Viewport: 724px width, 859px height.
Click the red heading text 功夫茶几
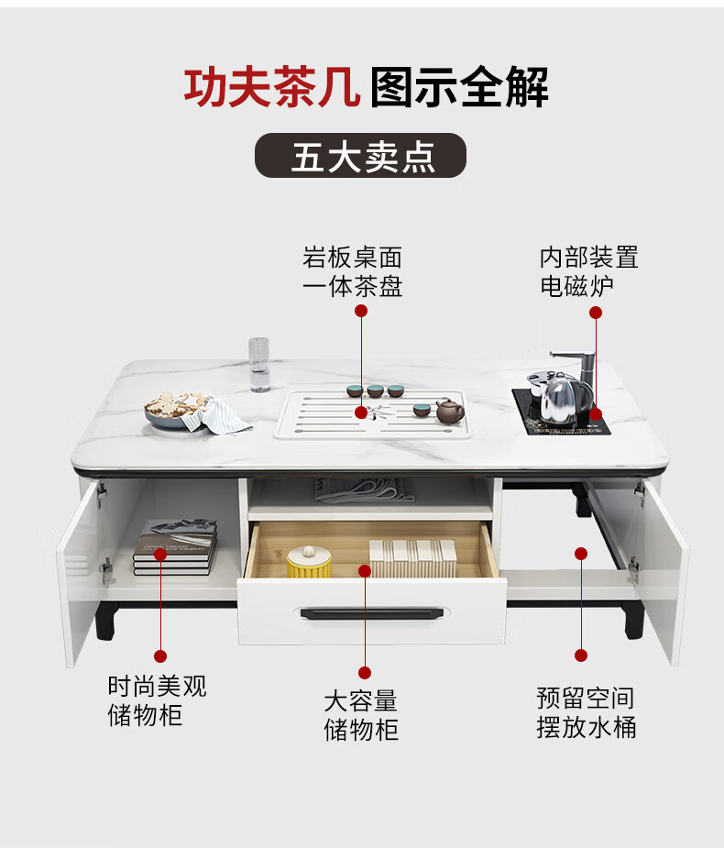click(x=272, y=88)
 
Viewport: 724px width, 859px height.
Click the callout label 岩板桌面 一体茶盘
click(x=353, y=271)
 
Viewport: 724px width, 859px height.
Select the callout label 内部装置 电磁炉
click(x=588, y=271)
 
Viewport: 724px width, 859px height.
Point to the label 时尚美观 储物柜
click(x=157, y=701)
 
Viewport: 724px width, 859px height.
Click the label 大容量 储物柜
click(x=361, y=716)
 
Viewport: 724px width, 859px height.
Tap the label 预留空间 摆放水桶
click(x=586, y=712)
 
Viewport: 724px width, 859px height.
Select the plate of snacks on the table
click(x=177, y=410)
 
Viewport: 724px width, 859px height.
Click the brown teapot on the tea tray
click(x=450, y=411)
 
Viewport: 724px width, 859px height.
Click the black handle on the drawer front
click(x=371, y=612)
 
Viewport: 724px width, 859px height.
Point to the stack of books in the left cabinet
click(x=174, y=547)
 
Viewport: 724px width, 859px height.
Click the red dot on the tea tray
click(x=362, y=413)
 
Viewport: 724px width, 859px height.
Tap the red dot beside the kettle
click(x=596, y=413)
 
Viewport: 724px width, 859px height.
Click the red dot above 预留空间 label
click(x=580, y=554)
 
